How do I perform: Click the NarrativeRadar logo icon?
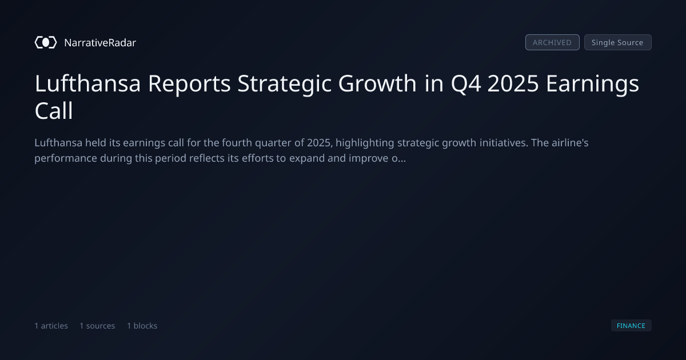[x=46, y=42]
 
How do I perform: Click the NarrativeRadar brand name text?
[x=100, y=42]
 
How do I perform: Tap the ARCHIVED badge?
[x=552, y=42]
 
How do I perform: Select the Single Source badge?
[x=618, y=42]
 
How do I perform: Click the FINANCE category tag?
[x=631, y=325]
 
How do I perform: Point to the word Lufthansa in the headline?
[x=87, y=83]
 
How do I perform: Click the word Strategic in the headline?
[x=285, y=84]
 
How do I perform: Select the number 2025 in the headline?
[x=513, y=83]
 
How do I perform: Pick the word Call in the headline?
[x=54, y=110]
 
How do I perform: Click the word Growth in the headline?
[x=377, y=83]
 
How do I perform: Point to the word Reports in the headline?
[x=189, y=84]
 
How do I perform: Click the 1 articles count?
[x=51, y=326]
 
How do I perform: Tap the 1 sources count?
[x=97, y=326]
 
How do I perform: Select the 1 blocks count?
[x=142, y=326]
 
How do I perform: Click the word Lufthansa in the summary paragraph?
[x=58, y=143]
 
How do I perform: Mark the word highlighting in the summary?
[x=365, y=143]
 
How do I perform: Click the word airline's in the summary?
[x=570, y=143]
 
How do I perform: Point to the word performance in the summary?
[x=66, y=159]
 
